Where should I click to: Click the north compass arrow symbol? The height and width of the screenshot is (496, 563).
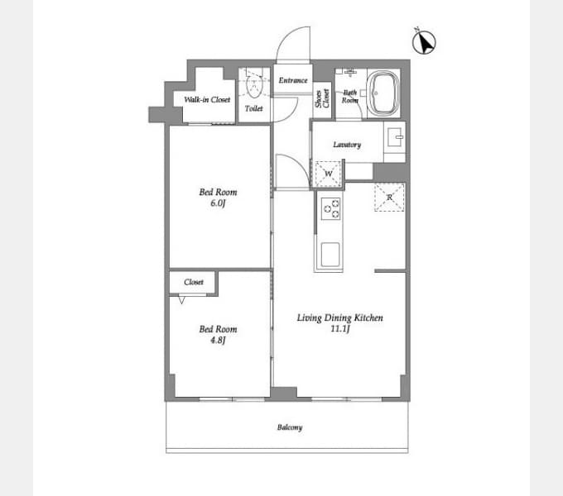424,42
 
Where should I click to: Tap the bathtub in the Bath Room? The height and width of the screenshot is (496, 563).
384,93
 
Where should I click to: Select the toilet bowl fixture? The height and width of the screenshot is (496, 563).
254,86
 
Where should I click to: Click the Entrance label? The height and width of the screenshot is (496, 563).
293,80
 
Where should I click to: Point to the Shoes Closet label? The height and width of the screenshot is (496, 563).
322,98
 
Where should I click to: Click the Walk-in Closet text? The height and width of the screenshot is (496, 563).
207,100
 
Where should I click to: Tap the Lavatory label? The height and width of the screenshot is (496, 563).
347,145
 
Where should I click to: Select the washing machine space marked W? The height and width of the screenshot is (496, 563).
328,174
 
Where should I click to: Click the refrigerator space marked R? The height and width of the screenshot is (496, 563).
390,197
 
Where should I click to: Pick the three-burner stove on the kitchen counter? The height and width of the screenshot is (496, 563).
331,208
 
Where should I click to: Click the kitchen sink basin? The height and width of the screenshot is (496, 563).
330,255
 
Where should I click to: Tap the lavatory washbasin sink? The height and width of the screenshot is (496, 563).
395,137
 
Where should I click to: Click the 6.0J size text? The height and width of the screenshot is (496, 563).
218,203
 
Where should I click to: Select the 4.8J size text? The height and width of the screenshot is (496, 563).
218,340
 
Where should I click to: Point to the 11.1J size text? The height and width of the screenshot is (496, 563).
339,329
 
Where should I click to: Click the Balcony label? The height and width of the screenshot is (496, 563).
290,427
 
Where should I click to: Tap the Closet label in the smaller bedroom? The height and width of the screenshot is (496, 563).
194,282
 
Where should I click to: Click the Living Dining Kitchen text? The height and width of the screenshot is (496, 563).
339,317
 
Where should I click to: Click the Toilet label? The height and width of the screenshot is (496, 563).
254,108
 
